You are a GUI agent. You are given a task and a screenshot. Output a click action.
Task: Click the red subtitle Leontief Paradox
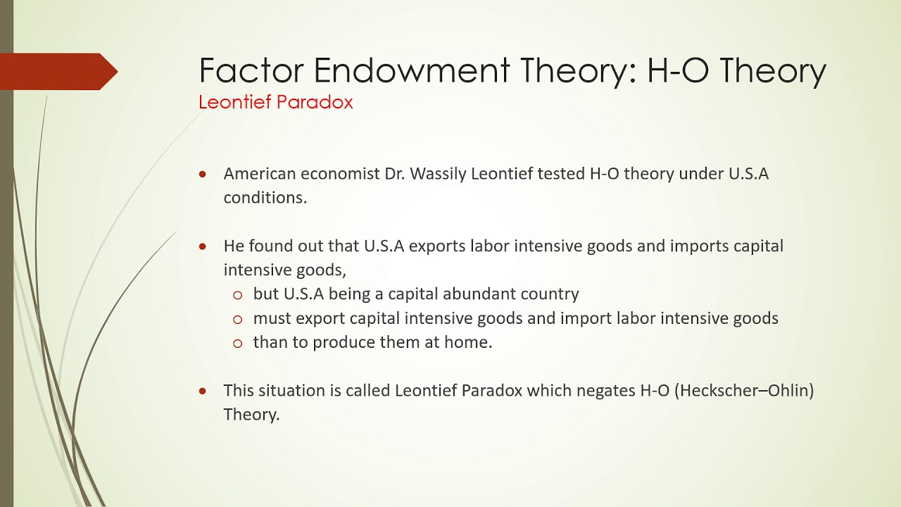pos(275,102)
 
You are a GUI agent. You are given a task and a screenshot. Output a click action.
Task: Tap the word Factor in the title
pos(251,70)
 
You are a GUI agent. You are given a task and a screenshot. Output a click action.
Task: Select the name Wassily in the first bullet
pos(438,173)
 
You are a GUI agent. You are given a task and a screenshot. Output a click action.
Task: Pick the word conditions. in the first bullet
pos(265,198)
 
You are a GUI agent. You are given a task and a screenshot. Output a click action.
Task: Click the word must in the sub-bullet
pos(272,318)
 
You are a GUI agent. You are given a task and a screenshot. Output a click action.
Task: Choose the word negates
pos(605,390)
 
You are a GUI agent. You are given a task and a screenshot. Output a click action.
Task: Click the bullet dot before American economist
pos(203,174)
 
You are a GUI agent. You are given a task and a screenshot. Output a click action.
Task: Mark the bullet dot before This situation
pos(203,391)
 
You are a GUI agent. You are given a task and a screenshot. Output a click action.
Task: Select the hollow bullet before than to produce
pos(237,344)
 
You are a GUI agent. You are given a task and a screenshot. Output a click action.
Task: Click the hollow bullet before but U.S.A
pos(237,295)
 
